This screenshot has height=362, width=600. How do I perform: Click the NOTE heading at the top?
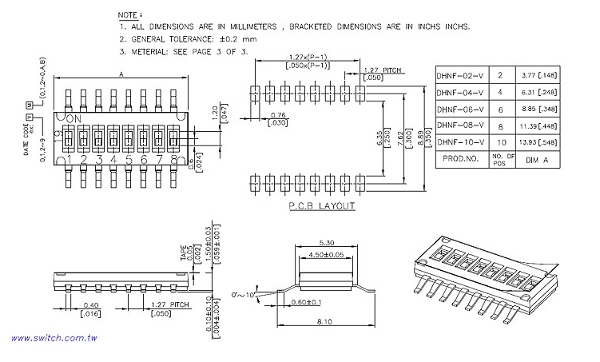(129, 16)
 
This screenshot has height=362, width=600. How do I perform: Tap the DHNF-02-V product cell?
(460, 75)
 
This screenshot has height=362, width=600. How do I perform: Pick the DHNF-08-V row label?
(460, 125)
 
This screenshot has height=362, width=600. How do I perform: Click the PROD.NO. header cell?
(460, 158)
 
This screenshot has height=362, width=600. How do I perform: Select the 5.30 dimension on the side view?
(326, 243)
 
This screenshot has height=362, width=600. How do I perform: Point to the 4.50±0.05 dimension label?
(326, 255)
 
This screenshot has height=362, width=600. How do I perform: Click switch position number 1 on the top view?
(70, 160)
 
